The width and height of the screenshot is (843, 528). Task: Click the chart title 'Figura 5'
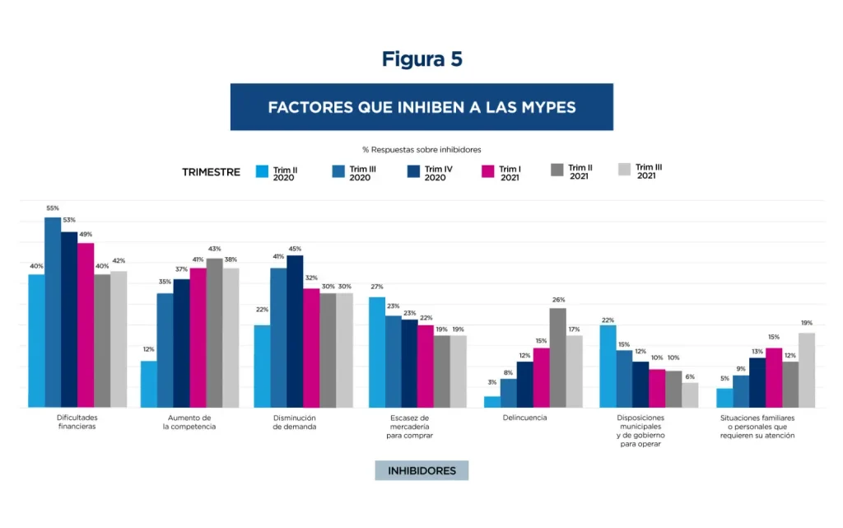click(421, 59)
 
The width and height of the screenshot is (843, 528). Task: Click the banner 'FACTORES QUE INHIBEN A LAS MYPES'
click(421, 107)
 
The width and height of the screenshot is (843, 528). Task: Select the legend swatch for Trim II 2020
click(263, 171)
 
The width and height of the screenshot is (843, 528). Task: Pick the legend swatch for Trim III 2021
click(624, 170)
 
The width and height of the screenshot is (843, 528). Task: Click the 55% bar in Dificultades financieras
click(53, 313)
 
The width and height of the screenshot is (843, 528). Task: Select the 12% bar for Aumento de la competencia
click(149, 385)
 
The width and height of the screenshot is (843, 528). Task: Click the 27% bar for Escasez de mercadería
click(376, 353)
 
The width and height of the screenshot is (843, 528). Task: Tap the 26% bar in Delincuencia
click(557, 358)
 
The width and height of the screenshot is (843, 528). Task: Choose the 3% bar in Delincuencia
click(491, 402)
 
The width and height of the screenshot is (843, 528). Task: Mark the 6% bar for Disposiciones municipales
click(690, 395)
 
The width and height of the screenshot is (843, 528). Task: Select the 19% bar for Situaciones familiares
click(806, 371)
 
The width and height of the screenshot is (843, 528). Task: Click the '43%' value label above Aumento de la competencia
click(214, 250)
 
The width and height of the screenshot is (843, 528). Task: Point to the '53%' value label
click(69, 220)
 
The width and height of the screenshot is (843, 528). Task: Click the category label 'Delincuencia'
click(524, 418)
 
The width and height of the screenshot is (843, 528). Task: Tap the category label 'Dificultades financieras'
click(77, 423)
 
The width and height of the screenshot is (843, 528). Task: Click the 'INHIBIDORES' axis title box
click(421, 471)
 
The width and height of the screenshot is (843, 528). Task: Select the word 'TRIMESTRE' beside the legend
click(212, 172)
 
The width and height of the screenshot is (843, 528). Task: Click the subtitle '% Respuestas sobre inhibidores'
click(421, 149)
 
